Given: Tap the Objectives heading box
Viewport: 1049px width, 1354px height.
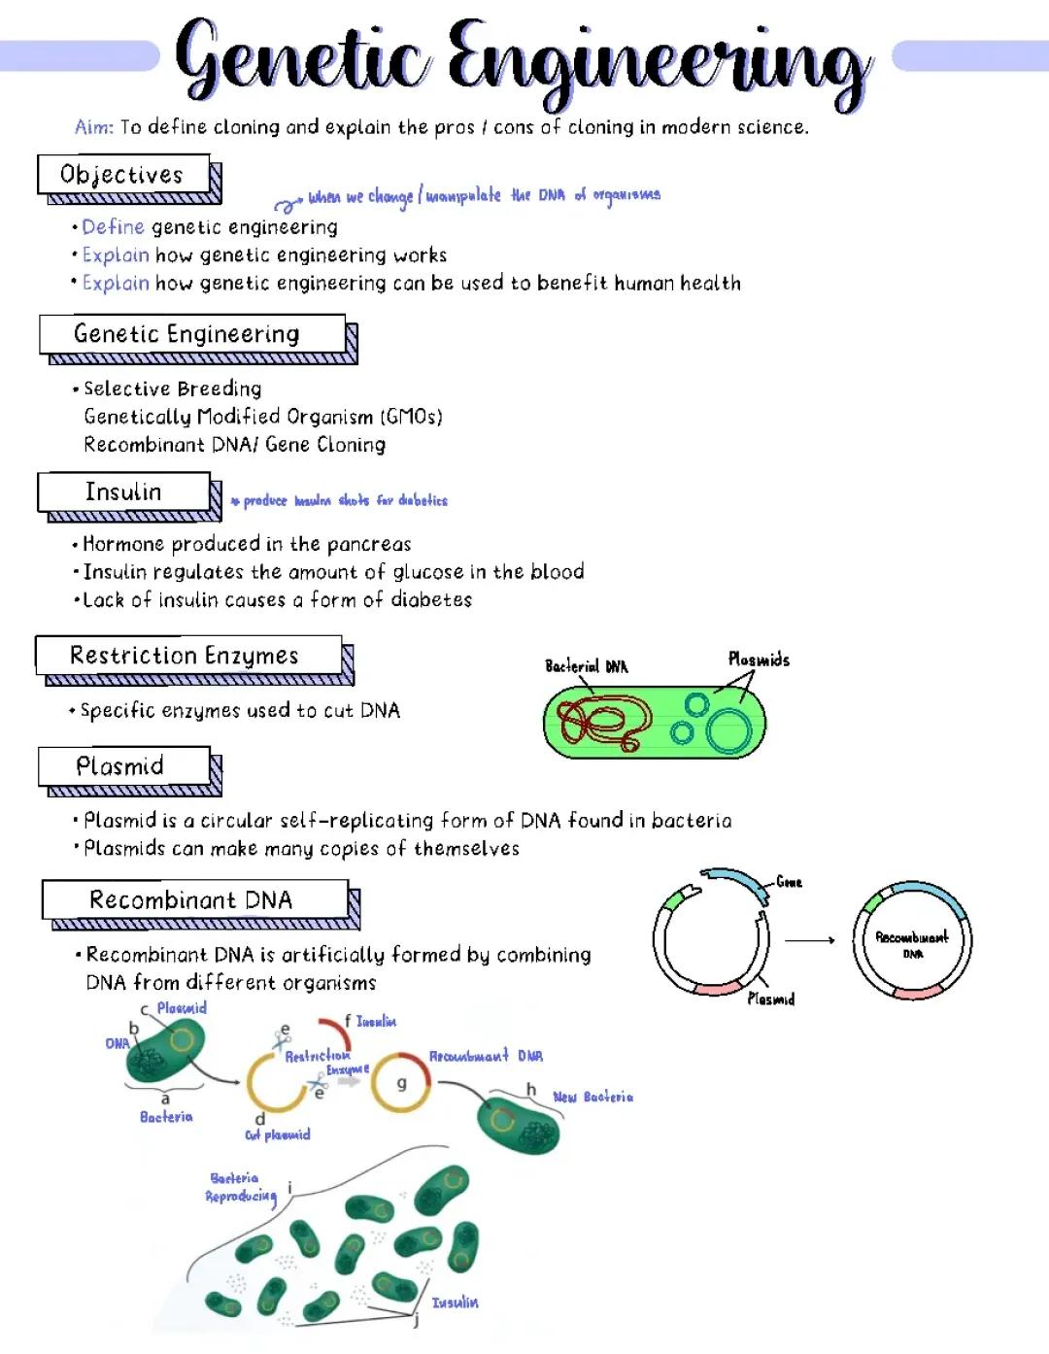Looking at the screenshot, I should point(123,175).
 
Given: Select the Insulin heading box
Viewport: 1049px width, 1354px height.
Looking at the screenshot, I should point(123,491).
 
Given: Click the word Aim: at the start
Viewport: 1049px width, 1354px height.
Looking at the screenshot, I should point(94,127).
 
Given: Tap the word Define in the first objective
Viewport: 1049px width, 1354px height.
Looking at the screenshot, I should point(113,227).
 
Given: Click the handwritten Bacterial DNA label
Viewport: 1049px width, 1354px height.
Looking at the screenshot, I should point(586,666).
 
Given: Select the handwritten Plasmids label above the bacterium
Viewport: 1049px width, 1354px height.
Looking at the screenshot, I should point(759,660).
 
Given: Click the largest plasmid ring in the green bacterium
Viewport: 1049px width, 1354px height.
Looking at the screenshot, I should point(728,730).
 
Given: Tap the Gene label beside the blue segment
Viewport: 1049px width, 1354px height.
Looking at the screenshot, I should point(789,882).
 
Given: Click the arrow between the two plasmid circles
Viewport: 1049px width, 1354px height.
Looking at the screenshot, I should point(809,940).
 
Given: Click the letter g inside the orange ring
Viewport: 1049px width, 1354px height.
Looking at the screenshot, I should point(401,1082).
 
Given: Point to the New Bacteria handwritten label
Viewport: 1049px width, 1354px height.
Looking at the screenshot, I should point(592,1097).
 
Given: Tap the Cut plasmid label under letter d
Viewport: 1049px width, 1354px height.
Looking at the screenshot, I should point(278,1134).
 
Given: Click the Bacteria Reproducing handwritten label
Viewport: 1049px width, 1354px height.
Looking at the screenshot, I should point(239,1187).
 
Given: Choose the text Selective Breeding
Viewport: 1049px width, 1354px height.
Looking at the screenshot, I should point(173,389).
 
